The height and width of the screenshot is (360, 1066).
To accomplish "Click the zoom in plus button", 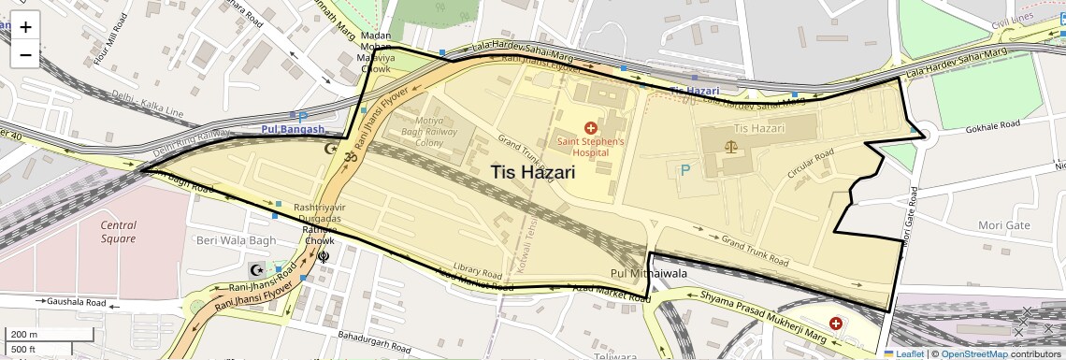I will tap(25, 27).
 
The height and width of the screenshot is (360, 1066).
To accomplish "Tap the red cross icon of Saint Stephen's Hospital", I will tap(590, 127).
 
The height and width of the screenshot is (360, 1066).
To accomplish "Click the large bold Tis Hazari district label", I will tap(532, 173).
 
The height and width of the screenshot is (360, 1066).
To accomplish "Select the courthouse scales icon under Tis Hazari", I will tap(731, 147).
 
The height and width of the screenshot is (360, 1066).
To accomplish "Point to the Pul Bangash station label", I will tap(293, 130).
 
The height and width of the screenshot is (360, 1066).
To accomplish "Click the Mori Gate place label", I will tap(1003, 225).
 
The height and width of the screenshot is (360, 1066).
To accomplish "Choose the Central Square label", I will tap(119, 232).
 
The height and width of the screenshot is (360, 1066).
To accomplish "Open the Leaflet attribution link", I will tap(903, 353).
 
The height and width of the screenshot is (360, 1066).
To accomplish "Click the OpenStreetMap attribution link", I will tap(973, 353).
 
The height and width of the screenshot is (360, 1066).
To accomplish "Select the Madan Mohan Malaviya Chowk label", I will tap(375, 52).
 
